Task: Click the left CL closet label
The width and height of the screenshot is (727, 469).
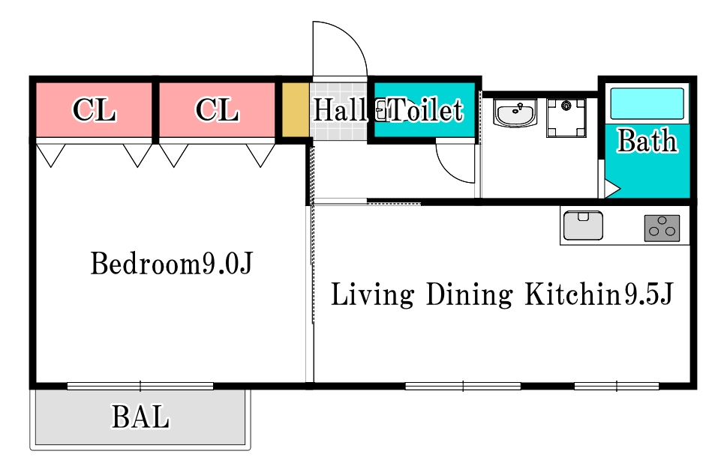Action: (x=94, y=109)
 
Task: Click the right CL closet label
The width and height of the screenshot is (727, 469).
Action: (x=218, y=109)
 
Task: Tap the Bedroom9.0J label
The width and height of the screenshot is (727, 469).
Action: (x=171, y=264)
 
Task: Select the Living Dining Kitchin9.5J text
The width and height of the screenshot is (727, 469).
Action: (x=502, y=294)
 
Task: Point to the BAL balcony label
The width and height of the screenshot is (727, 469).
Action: (x=140, y=417)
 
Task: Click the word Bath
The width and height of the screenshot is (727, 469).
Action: (x=647, y=140)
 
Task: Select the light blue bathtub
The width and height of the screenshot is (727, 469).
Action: (x=647, y=103)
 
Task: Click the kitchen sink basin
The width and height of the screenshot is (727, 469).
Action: (x=583, y=226)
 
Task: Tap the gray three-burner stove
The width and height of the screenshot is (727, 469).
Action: (x=662, y=229)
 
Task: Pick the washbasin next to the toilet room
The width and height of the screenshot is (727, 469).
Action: (x=515, y=112)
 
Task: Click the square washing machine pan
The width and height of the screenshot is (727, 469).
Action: (x=566, y=118)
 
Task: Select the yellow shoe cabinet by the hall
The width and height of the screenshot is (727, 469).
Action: (x=296, y=109)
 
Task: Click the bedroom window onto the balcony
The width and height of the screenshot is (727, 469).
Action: (x=140, y=386)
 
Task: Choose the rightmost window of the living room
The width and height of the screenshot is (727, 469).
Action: (x=617, y=386)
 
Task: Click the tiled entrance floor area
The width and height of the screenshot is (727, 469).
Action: (x=338, y=111)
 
